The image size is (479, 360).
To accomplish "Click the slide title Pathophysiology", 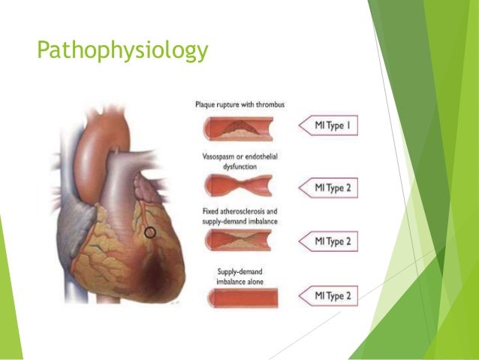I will (x=123, y=50).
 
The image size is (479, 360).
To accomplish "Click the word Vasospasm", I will (x=219, y=156).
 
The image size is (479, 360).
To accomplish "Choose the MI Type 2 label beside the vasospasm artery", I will (x=330, y=187).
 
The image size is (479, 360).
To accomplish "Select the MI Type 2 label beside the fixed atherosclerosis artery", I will (x=330, y=241).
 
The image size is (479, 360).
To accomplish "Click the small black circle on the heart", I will (x=150, y=232).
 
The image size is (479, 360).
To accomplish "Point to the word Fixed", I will (x=209, y=211).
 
